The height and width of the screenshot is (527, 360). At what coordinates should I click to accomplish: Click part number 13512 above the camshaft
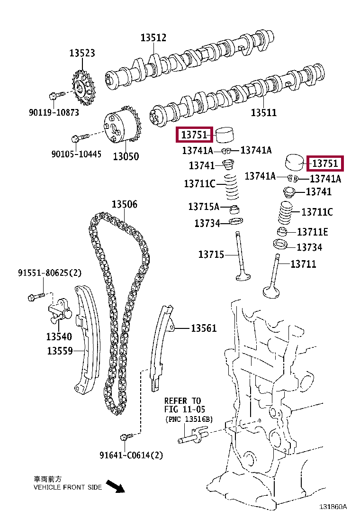[x=153, y=38]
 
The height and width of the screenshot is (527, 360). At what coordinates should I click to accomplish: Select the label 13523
[x=82, y=53]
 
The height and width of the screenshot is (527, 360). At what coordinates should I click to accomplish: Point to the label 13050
[x=126, y=156]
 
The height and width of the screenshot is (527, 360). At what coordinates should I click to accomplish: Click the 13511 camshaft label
[x=263, y=113]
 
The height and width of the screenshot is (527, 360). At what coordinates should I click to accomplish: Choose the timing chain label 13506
[x=125, y=204]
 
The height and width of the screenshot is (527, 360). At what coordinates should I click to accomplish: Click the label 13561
[x=204, y=328]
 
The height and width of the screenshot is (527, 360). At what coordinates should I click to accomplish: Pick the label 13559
[x=60, y=351]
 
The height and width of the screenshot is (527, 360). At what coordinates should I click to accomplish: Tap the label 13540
[x=59, y=336]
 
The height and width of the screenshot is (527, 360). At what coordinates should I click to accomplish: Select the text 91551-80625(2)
[x=50, y=273]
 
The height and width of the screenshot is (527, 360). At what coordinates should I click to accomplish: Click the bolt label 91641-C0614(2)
[x=131, y=455]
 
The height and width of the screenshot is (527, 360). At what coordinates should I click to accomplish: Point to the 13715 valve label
[x=211, y=254]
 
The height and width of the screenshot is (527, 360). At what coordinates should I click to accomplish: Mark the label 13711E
[x=312, y=232]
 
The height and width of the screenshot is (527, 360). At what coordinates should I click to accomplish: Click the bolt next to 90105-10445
[x=78, y=138]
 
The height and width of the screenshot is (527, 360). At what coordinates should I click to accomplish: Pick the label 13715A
[x=204, y=207]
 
